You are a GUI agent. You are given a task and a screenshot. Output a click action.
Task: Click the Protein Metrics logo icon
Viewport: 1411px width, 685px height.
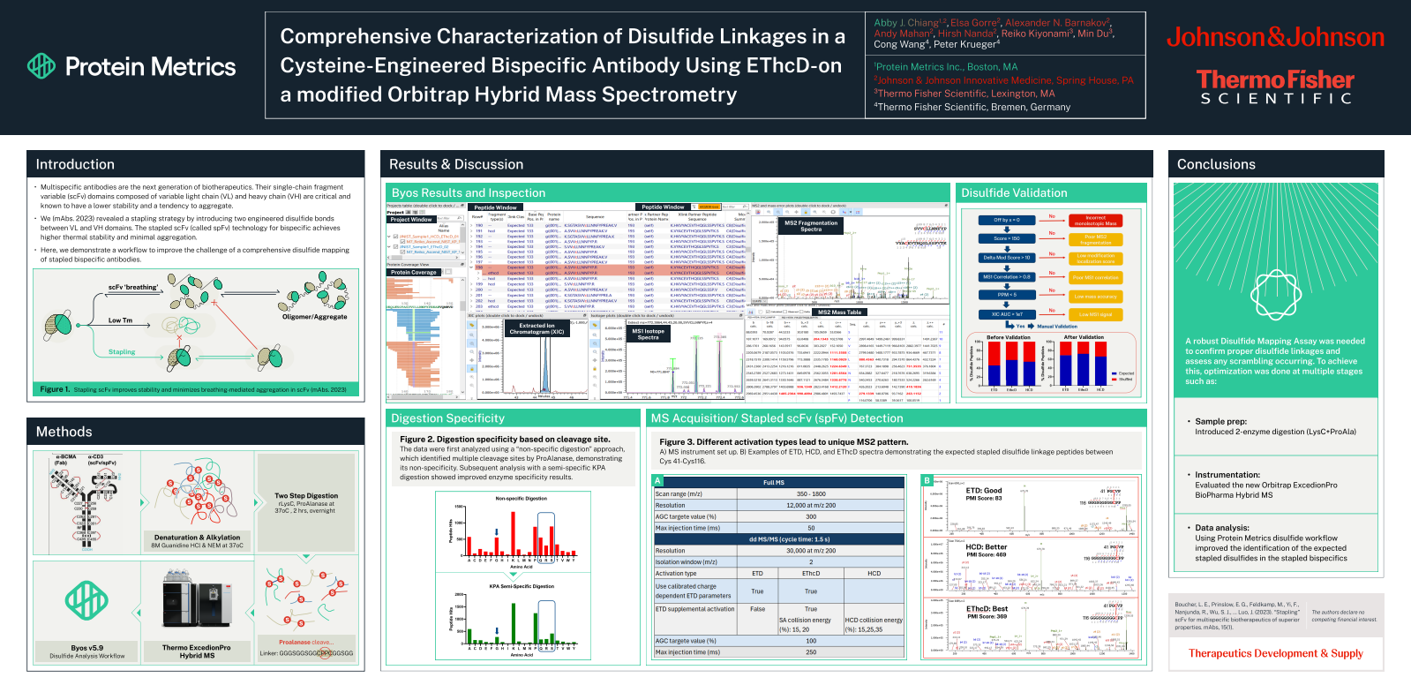(41, 65)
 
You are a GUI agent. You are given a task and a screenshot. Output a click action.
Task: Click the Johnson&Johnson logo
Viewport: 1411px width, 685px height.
(1275, 37)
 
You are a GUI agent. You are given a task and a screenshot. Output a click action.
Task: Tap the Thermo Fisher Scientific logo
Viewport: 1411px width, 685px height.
(1275, 87)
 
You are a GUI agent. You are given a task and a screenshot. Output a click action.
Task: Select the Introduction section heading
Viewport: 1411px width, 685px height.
(75, 164)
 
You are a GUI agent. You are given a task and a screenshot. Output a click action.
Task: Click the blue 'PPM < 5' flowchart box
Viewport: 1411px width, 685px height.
(1006, 295)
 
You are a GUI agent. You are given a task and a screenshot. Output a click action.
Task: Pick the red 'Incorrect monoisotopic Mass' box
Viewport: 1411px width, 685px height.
(1095, 221)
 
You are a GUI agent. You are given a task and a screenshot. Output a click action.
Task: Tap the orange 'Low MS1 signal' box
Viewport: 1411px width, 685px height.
(1095, 314)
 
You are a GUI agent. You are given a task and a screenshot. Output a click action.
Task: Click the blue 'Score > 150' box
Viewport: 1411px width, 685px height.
(1006, 238)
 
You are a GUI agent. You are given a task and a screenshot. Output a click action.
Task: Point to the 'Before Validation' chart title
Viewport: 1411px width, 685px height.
(1008, 337)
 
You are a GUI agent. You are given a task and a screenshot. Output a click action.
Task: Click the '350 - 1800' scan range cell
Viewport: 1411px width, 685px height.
(811, 494)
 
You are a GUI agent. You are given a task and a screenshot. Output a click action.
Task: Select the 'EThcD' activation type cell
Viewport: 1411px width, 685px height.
(811, 574)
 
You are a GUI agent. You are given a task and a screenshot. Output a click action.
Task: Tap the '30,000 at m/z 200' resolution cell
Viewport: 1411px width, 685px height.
(811, 551)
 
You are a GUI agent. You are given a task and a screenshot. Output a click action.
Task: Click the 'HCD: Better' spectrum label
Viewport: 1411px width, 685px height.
(986, 547)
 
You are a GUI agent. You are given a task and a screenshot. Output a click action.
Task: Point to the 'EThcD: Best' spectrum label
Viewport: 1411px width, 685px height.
(987, 609)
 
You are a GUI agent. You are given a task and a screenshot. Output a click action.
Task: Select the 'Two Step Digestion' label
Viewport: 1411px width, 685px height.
(305, 496)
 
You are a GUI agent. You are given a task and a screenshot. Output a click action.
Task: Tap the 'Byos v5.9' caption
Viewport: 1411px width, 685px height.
(86, 648)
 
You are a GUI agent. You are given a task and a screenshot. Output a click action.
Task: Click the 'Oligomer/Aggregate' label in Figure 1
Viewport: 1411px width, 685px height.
(314, 317)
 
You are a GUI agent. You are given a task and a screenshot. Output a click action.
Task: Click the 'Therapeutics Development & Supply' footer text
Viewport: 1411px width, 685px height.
(1275, 653)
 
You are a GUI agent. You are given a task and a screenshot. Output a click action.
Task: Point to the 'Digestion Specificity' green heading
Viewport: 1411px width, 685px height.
(447, 418)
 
